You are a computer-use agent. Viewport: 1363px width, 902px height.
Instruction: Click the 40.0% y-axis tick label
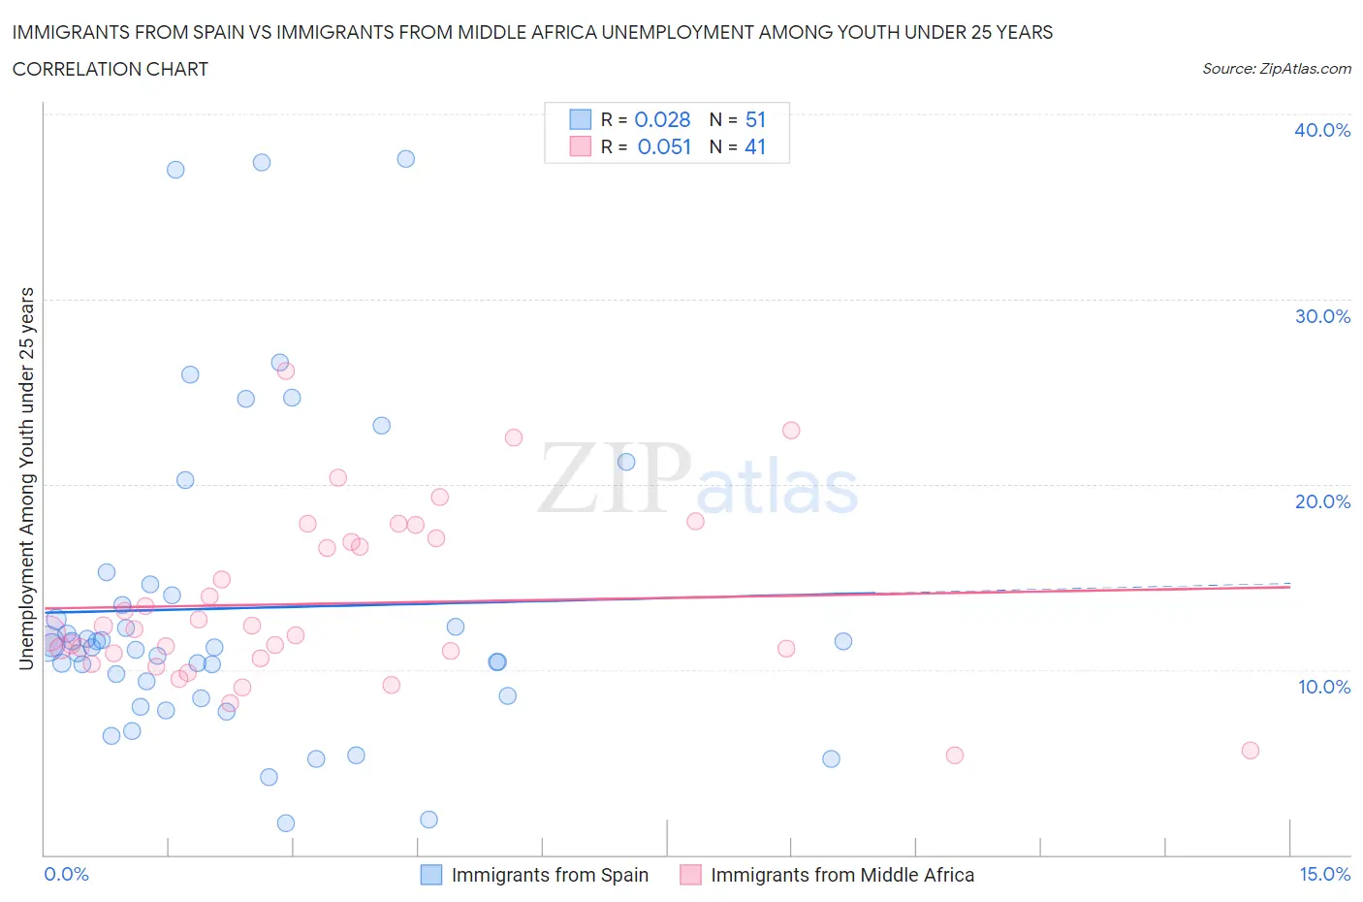point(1321,130)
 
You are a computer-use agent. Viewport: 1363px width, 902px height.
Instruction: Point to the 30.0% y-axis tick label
point(1321,316)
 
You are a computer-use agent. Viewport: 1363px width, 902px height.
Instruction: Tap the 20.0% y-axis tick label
point(1321,501)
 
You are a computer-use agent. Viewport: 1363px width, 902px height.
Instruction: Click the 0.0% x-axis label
point(66,874)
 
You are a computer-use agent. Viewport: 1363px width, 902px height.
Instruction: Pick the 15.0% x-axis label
point(1324,874)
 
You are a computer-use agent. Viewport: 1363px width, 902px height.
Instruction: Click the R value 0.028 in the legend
point(662,119)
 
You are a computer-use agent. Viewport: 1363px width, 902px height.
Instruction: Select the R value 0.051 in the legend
point(664,146)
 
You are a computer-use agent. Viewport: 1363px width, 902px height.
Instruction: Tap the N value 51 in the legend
point(755,119)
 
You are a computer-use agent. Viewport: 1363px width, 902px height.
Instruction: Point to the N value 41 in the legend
point(755,146)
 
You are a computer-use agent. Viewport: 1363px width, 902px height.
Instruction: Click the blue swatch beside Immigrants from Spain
point(430,875)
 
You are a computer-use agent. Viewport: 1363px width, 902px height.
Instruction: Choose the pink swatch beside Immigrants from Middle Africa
point(690,875)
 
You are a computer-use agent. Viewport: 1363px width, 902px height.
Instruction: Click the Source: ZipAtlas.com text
point(1276,68)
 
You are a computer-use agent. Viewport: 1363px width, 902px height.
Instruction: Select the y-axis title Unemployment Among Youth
point(26,478)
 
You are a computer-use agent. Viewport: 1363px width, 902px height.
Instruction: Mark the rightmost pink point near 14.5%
point(1250,750)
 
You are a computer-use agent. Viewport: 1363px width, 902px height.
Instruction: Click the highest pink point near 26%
point(285,370)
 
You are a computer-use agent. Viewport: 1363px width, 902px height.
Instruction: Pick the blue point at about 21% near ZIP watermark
point(626,462)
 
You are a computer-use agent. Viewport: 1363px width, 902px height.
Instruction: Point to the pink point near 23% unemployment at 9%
point(791,430)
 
